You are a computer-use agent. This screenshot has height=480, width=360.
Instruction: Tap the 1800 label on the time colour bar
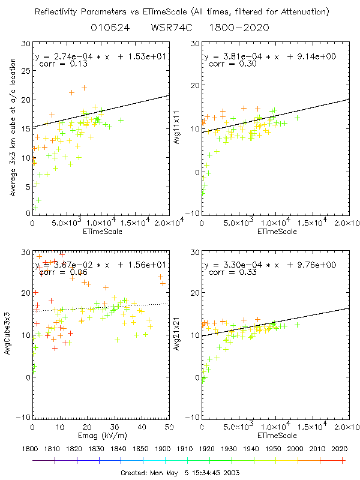[32, 449]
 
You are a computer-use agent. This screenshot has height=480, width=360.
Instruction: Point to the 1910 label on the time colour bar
[186, 449]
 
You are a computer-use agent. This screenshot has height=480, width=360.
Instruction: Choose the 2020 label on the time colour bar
[340, 449]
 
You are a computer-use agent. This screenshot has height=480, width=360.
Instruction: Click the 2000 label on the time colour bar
[296, 449]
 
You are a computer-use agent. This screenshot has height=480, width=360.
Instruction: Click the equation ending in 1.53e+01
[100, 56]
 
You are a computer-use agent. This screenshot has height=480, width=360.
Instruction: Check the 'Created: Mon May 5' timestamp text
[179, 473]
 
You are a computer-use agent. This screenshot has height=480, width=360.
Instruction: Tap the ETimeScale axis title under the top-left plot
[100, 232]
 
